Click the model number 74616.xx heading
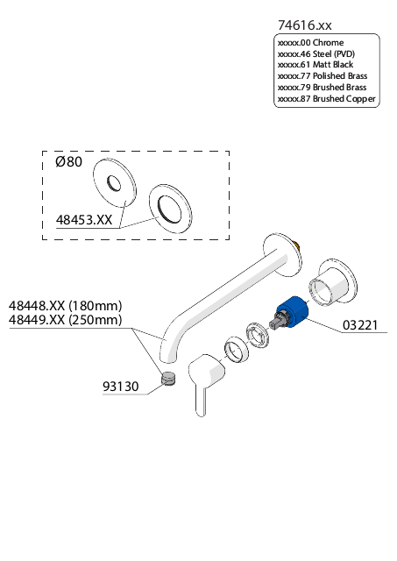point(305,25)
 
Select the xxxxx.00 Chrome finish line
point(310,43)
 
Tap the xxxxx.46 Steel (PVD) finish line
point(316,54)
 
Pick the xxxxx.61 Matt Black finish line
point(315,65)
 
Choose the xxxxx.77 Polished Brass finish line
point(323,76)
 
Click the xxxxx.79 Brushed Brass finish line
point(322,88)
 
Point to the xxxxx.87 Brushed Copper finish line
point(327,99)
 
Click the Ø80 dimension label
point(68,161)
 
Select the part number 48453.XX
point(84,220)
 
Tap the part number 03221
point(360,325)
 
